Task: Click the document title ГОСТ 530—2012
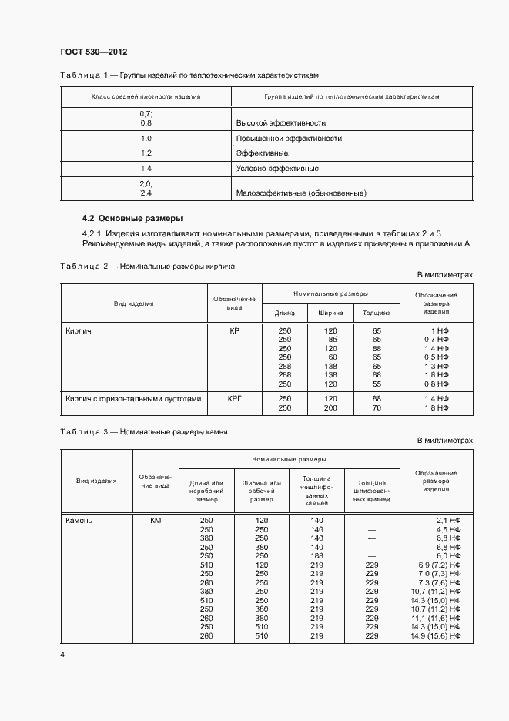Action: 93,52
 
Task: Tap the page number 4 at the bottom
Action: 62,655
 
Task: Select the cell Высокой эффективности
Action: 280,122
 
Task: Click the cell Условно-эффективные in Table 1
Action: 276,168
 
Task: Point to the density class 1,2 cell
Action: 146,153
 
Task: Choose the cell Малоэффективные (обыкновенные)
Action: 300,193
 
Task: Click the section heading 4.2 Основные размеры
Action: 132,218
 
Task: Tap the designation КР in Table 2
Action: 235,330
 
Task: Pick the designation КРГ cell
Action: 235,398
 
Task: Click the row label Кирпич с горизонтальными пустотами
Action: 133,398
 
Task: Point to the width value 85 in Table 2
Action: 333,339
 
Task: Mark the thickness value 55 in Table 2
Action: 377,384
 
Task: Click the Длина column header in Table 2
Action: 284,313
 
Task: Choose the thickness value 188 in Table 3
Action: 316,555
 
